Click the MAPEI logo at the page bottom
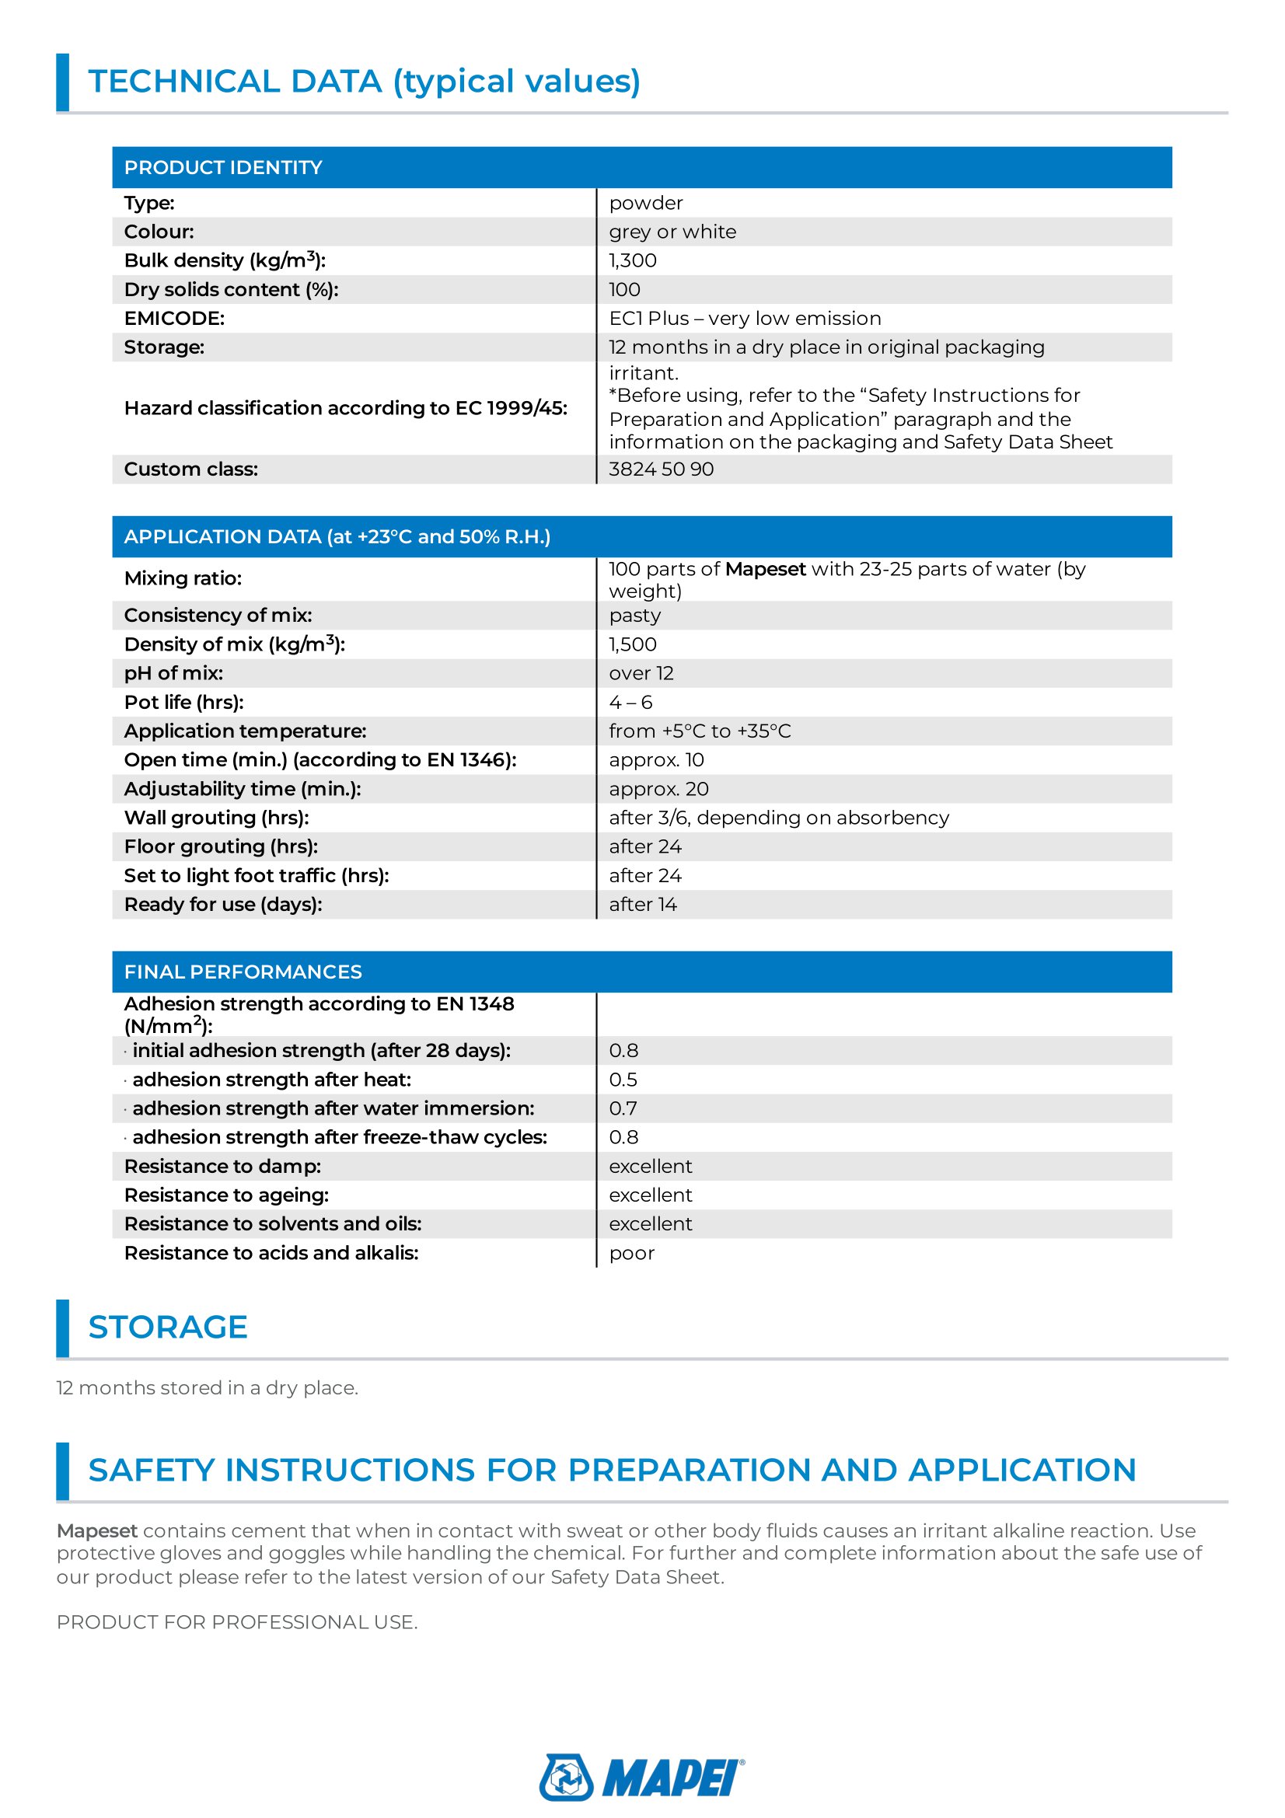coord(641,1777)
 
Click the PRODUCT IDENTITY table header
coord(222,168)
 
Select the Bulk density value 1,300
coord(633,260)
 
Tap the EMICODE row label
coord(174,319)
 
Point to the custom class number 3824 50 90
coord(661,469)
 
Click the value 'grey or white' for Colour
coord(672,232)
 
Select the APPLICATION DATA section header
coord(337,537)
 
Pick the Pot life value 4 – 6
coord(630,703)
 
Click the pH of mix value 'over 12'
coord(641,674)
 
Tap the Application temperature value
coord(699,731)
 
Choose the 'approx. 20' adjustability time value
coord(658,790)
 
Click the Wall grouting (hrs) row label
coord(216,818)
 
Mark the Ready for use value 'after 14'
coord(642,905)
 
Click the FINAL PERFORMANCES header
coord(243,972)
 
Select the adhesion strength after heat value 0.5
coord(623,1080)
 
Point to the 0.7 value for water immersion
coord(623,1108)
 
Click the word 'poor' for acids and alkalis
coord(632,1254)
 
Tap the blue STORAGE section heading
coord(168,1328)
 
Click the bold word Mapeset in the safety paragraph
coord(96,1531)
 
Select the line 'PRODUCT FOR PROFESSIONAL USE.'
coord(237,1622)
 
